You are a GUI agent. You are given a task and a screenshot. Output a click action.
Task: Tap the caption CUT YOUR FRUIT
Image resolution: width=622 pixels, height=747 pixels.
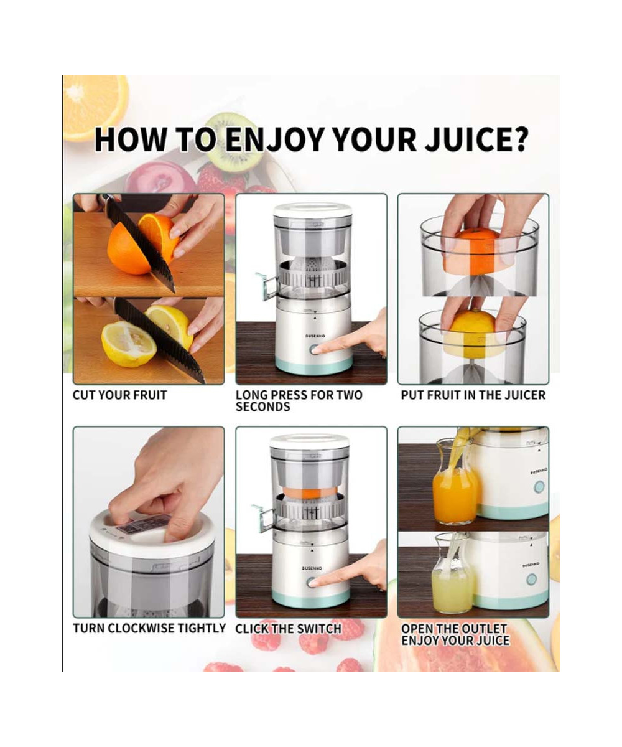(120, 395)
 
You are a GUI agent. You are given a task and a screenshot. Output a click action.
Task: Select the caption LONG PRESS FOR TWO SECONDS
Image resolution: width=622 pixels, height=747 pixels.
(299, 401)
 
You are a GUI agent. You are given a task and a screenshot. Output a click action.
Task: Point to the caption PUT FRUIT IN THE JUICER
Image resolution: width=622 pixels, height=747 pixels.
(473, 395)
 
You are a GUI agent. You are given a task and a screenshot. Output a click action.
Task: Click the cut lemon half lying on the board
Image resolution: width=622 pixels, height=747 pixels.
(129, 344)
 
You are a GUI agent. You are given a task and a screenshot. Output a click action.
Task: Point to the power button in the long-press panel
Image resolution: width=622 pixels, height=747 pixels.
(315, 349)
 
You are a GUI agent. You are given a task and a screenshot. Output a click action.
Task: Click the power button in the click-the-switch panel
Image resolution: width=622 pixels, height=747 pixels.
(312, 583)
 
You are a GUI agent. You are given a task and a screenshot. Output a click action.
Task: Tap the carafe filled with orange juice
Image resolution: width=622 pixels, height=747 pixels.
(455, 484)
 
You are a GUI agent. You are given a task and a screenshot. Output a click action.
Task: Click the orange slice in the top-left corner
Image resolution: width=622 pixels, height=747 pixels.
(95, 107)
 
